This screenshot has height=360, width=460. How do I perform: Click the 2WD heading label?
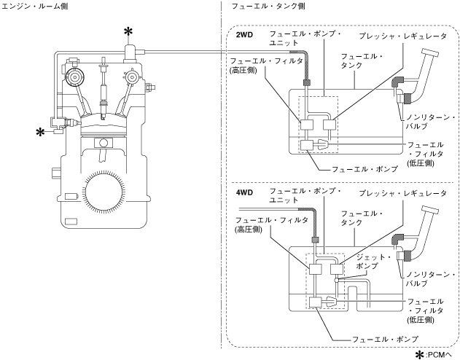[244, 35]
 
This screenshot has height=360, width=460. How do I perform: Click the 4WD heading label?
[244, 192]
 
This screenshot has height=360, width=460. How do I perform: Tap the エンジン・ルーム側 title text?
[34, 6]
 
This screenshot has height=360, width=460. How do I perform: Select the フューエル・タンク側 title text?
[268, 6]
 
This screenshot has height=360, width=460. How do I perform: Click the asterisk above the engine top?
[128, 31]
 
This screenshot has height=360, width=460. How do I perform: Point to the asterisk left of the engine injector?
[41, 132]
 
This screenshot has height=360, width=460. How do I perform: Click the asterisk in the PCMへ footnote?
[419, 355]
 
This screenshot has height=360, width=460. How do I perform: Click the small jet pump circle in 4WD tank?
[337, 280]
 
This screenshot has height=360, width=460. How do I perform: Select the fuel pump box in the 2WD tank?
[307, 146]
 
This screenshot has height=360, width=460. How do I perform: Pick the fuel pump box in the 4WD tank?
[316, 302]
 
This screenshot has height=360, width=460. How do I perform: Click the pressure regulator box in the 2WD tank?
[330, 125]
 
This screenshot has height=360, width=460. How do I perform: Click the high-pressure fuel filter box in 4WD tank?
[316, 269]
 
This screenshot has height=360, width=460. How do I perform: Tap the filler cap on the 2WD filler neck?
[430, 52]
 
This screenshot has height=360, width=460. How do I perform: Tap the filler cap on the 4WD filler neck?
[430, 210]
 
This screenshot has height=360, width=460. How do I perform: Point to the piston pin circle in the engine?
[104, 143]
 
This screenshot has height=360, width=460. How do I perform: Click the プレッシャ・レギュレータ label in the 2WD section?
[403, 36]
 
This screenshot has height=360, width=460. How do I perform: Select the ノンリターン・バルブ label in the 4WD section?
[430, 279]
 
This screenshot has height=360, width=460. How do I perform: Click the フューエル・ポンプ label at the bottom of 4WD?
[385, 340]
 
